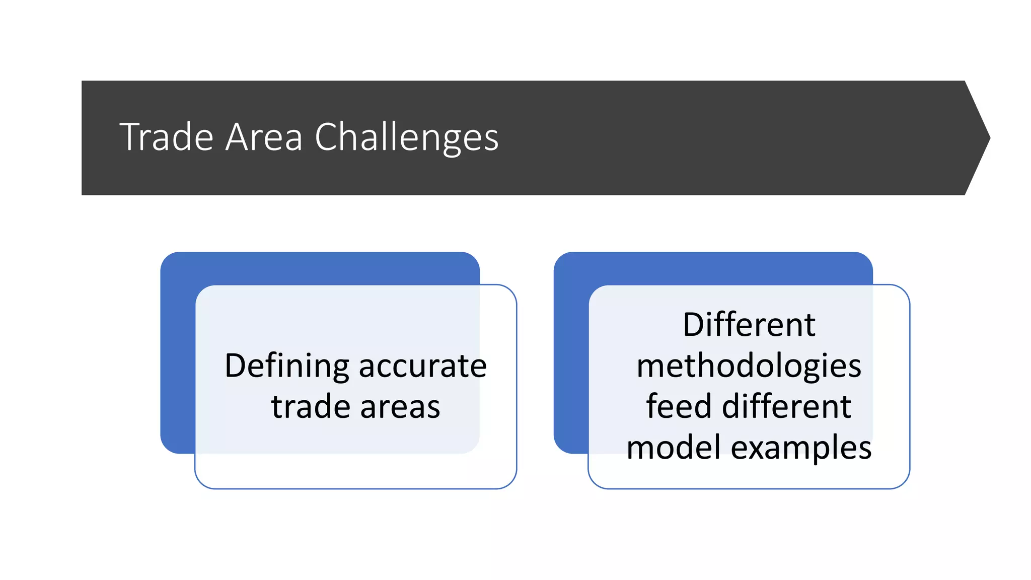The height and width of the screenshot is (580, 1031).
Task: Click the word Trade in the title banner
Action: click(x=166, y=137)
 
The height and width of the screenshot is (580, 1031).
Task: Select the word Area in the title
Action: click(x=264, y=137)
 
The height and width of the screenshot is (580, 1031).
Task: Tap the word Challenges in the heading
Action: click(x=406, y=137)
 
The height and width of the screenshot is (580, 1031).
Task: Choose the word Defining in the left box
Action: click(x=286, y=366)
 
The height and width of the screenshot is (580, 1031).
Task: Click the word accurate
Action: click(x=423, y=366)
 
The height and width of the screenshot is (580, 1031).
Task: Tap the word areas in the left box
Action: click(x=400, y=407)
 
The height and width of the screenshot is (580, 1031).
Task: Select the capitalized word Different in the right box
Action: click(x=749, y=325)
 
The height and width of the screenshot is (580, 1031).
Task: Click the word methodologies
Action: click(x=749, y=366)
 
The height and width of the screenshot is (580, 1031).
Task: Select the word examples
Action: click(x=801, y=448)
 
